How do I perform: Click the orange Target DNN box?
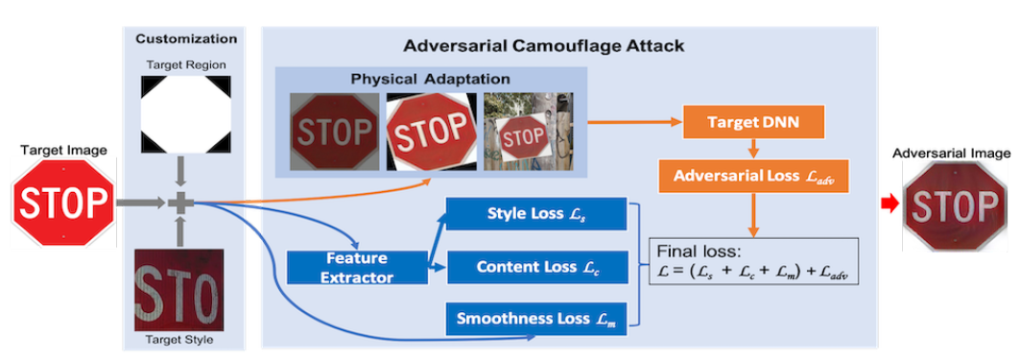coord(754,124)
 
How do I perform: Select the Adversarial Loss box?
coord(754,177)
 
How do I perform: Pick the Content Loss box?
coord(536,267)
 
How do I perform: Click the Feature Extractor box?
coord(356,267)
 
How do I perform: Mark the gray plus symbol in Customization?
coord(180,203)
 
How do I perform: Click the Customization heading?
coord(186,39)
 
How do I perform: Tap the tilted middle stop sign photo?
coord(429,132)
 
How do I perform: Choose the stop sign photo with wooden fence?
coord(527,132)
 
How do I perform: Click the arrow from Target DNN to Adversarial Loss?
coord(754,150)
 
